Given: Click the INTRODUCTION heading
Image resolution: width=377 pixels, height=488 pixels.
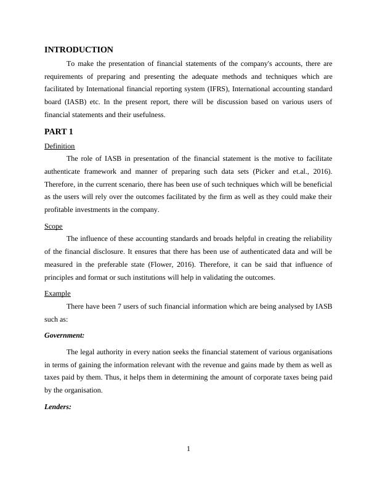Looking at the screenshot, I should click(79, 50).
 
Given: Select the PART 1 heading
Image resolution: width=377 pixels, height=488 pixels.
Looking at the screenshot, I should click(59, 132).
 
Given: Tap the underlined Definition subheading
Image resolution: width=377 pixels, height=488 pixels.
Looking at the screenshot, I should click(60, 146).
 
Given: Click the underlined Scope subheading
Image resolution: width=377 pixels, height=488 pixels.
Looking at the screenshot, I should click(54, 226).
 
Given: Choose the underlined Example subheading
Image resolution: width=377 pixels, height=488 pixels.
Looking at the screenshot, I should click(57, 293).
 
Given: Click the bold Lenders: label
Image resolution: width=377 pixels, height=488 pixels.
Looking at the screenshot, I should click(59, 407).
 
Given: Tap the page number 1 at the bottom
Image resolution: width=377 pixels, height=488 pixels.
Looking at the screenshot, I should click(188, 448).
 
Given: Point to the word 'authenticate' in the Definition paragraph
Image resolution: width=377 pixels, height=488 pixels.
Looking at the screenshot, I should click(65, 171).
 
